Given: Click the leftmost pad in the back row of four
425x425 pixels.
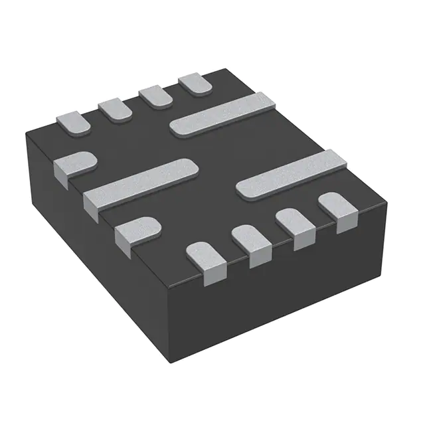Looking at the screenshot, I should point(72,122).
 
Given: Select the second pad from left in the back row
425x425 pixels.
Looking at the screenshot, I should point(116,109).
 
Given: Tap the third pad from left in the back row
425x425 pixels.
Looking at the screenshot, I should point(157,97).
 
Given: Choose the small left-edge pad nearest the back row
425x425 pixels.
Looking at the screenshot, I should point(73,165).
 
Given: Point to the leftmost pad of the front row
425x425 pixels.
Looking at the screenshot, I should point(207,259).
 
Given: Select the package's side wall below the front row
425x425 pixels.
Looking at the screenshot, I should point(279,292).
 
